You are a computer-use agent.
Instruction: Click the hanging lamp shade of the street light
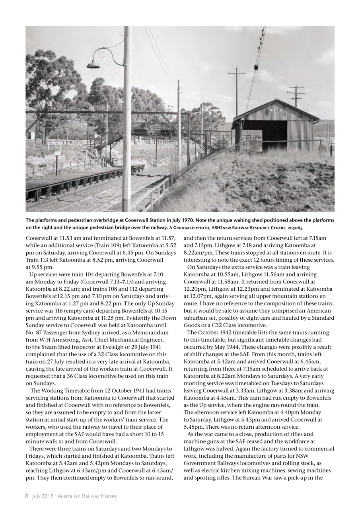coord(93,65)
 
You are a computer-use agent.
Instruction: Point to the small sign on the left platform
coord(58,153)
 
